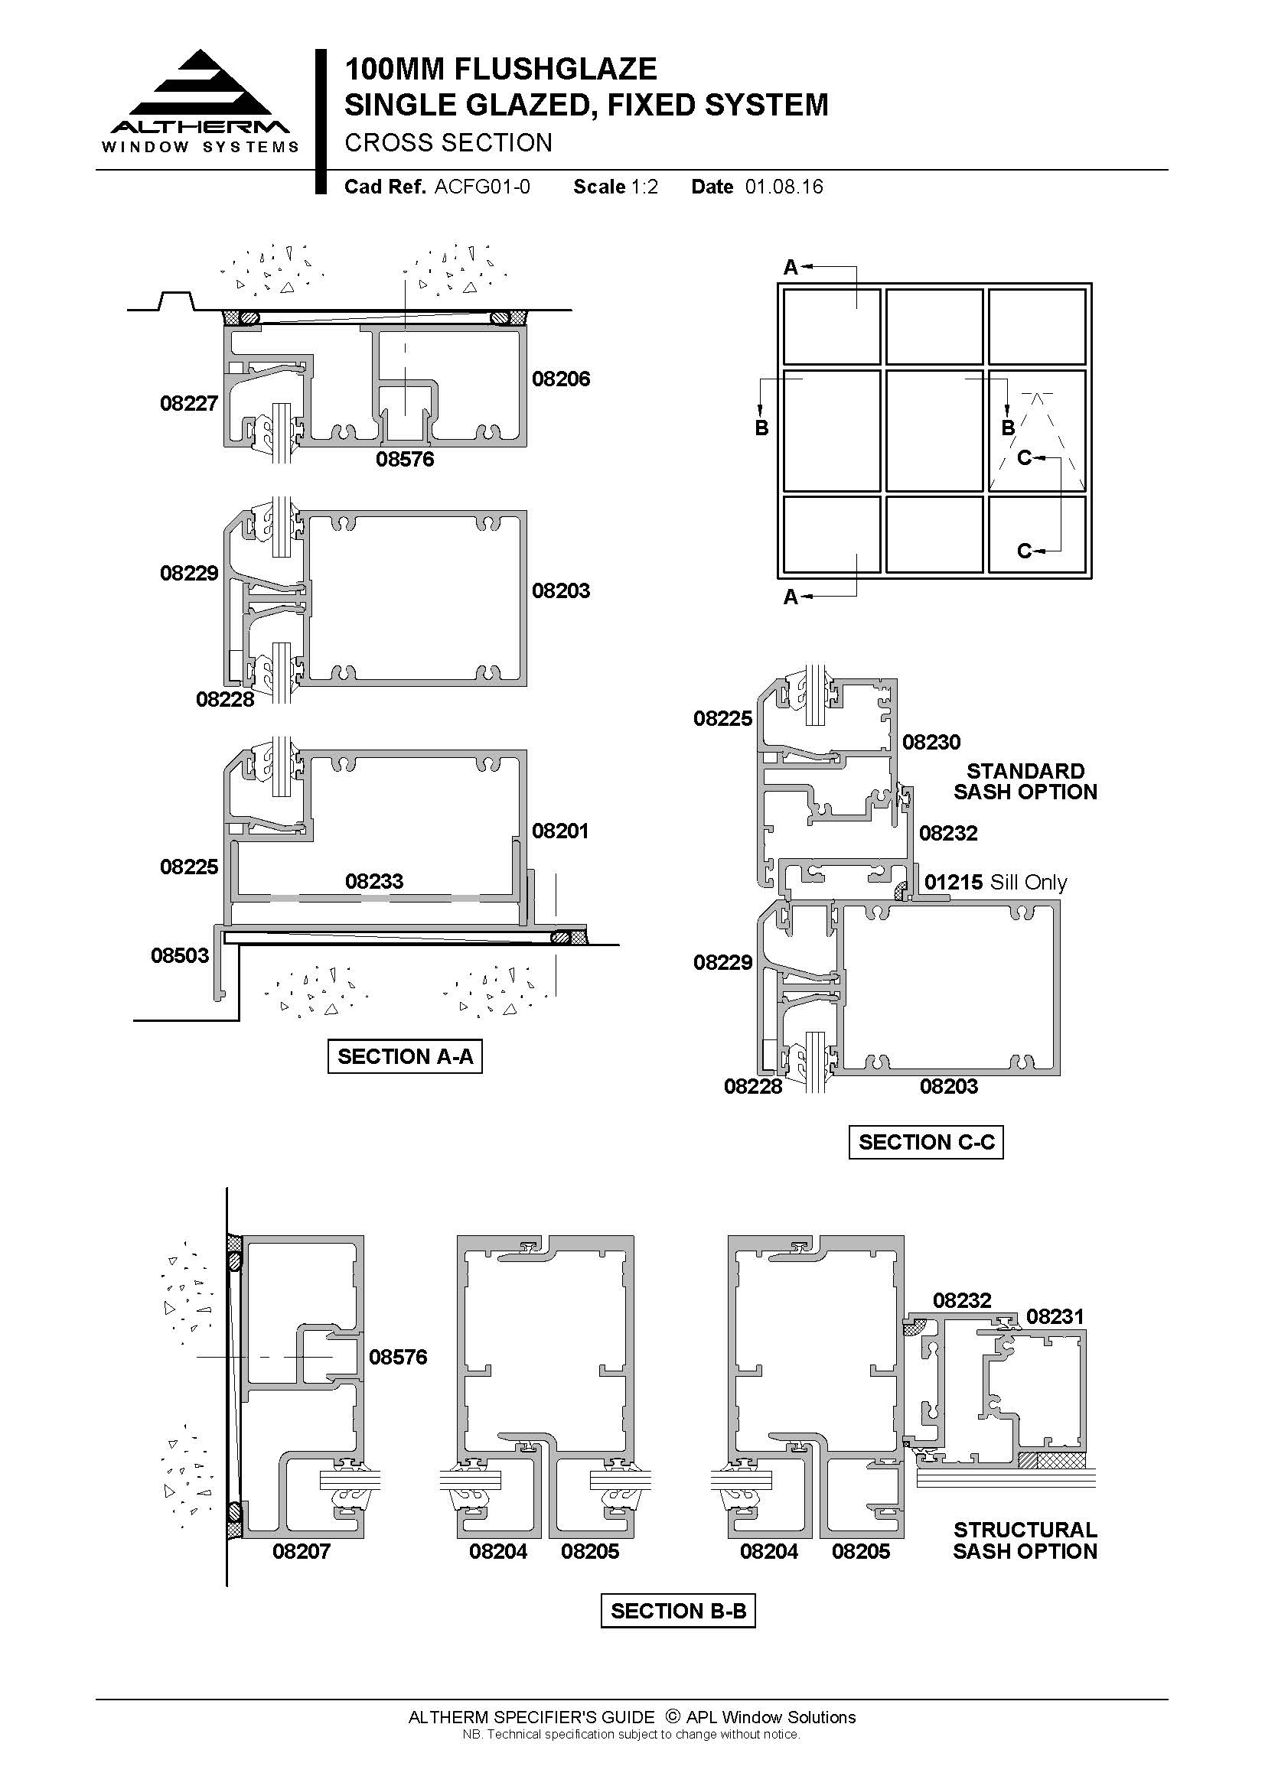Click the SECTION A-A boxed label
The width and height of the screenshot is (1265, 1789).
405,1056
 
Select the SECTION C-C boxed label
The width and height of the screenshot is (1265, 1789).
926,1141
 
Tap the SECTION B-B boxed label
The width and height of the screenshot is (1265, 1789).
678,1611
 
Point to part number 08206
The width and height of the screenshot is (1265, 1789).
560,379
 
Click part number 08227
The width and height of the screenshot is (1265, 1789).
188,403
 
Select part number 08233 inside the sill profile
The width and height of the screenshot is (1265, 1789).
374,881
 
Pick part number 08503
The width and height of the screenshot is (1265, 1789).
180,955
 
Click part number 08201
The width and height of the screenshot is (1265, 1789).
560,831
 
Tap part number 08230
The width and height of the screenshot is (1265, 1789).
931,742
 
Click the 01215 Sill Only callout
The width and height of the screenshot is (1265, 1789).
996,882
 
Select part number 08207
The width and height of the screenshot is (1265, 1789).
302,1550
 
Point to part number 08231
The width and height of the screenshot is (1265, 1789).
1055,1316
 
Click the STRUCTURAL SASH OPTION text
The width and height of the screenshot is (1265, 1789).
1025,1540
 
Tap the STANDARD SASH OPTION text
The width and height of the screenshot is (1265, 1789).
1025,781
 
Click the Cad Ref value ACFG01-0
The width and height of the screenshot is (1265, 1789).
482,187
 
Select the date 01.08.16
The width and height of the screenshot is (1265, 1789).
784,187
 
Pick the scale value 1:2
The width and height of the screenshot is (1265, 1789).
644,187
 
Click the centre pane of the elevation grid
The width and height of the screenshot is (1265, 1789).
934,430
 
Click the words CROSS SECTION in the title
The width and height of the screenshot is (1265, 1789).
448,142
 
